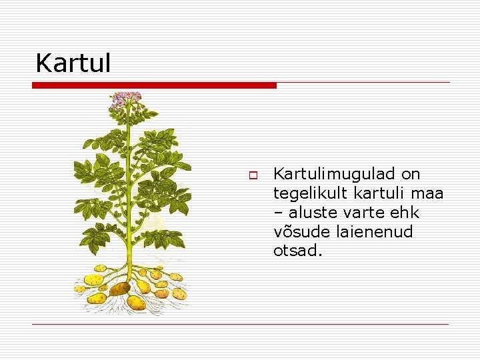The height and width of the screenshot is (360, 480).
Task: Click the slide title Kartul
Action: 73,63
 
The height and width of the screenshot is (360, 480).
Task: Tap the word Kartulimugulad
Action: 334,175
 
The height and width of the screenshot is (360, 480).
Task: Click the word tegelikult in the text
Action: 310,194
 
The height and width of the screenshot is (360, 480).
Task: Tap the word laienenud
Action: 379,233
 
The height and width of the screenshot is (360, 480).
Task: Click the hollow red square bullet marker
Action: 253,175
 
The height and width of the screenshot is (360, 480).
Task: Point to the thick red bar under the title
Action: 154,85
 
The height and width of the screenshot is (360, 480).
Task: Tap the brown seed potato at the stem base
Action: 119,289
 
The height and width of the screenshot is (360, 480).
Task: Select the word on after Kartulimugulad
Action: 411,175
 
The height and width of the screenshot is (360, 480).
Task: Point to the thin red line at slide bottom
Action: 240,324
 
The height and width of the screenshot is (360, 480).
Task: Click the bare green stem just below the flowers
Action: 127,120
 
